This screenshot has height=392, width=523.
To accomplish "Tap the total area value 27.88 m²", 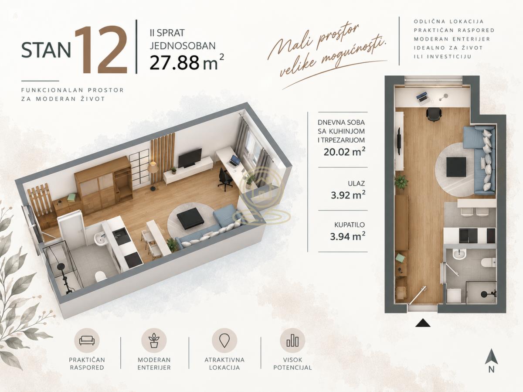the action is (187, 62).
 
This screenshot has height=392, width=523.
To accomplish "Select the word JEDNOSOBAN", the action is (183, 46).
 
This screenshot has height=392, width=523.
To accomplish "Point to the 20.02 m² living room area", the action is (344, 151).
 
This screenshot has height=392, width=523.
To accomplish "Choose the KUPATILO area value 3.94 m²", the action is (348, 236).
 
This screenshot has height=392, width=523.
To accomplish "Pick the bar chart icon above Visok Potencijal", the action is (292, 341).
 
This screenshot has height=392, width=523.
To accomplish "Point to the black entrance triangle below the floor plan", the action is (423, 323).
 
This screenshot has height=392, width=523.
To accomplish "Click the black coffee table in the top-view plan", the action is (456, 167).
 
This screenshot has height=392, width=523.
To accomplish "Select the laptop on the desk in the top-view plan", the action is (422, 97).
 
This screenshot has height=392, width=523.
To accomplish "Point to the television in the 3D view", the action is (190, 157).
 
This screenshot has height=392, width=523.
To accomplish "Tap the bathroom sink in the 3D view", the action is (99, 239).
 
